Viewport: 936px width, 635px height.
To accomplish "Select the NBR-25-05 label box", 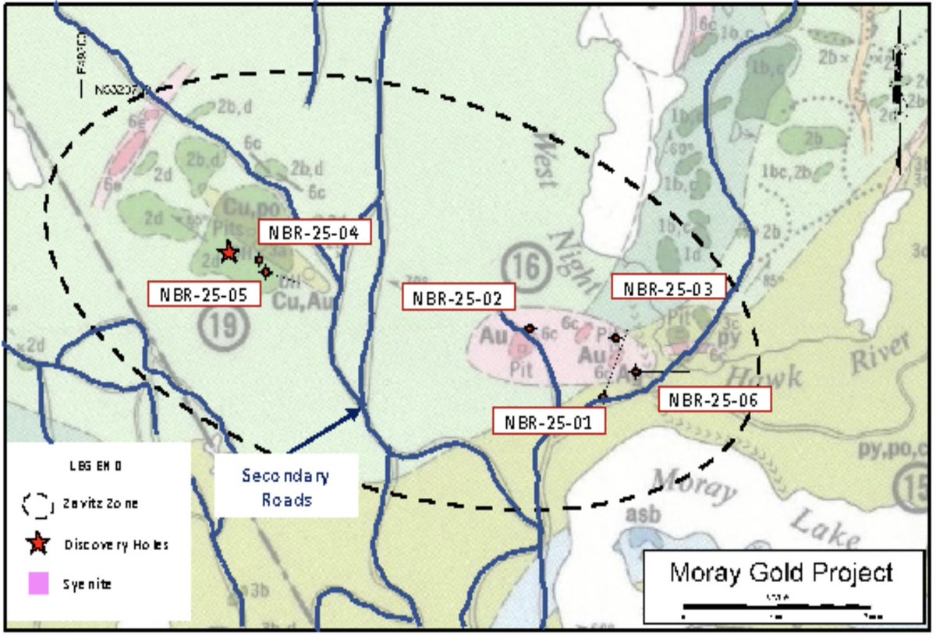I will click(x=204, y=294).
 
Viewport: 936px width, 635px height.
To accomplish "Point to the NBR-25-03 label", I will click(x=669, y=287).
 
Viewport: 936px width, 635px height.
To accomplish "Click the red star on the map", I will click(x=228, y=252).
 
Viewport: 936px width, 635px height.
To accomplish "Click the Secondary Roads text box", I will click(x=285, y=486).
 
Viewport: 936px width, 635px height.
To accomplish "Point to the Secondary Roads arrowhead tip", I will click(x=361, y=409).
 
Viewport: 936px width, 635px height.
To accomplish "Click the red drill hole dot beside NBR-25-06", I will click(x=636, y=372).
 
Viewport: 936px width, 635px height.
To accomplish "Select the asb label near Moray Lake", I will click(x=637, y=515).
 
